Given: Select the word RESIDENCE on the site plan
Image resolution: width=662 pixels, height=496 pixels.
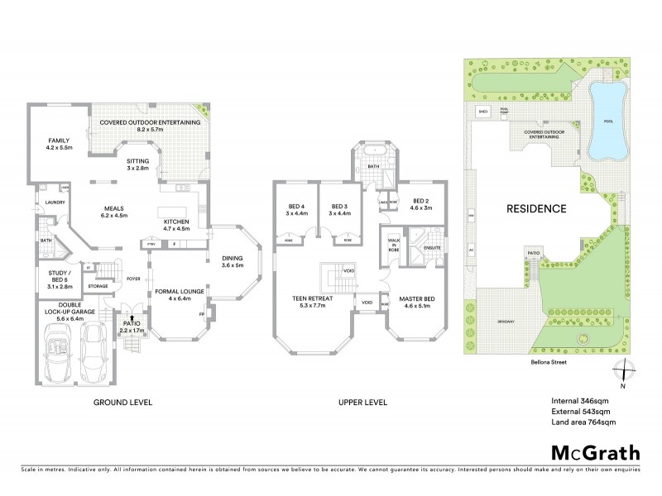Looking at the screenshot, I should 536,208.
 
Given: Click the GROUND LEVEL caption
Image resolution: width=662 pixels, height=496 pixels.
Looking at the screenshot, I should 123,403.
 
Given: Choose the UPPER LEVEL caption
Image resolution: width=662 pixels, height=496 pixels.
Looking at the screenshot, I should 361,403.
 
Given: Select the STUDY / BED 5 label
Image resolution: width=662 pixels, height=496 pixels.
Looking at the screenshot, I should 57,282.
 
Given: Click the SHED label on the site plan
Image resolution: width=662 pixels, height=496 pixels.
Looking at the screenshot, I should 482,109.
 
